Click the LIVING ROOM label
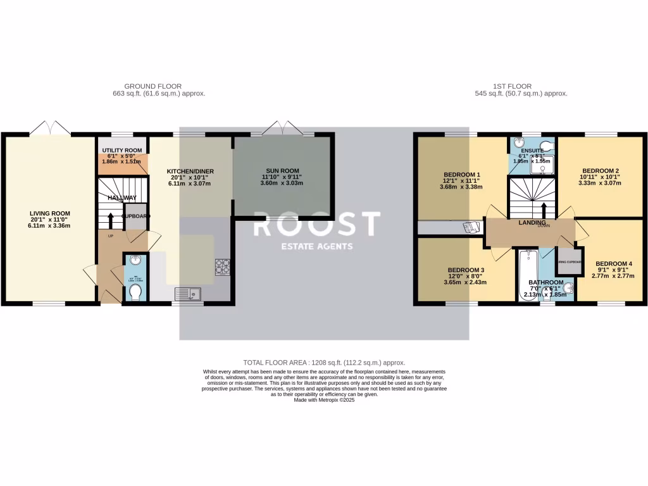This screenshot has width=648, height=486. pos(50,213)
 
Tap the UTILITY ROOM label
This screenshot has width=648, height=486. pos(123,149)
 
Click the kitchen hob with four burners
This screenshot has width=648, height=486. pos(223,267)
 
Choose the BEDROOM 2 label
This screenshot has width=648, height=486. pos(599,171)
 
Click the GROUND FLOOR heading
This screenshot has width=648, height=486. pos(153,86)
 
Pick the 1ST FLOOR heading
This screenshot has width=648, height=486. pos(512,86)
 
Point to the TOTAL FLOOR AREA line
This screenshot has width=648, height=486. pos(323,362)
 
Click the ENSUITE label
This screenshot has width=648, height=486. pos(532,151)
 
